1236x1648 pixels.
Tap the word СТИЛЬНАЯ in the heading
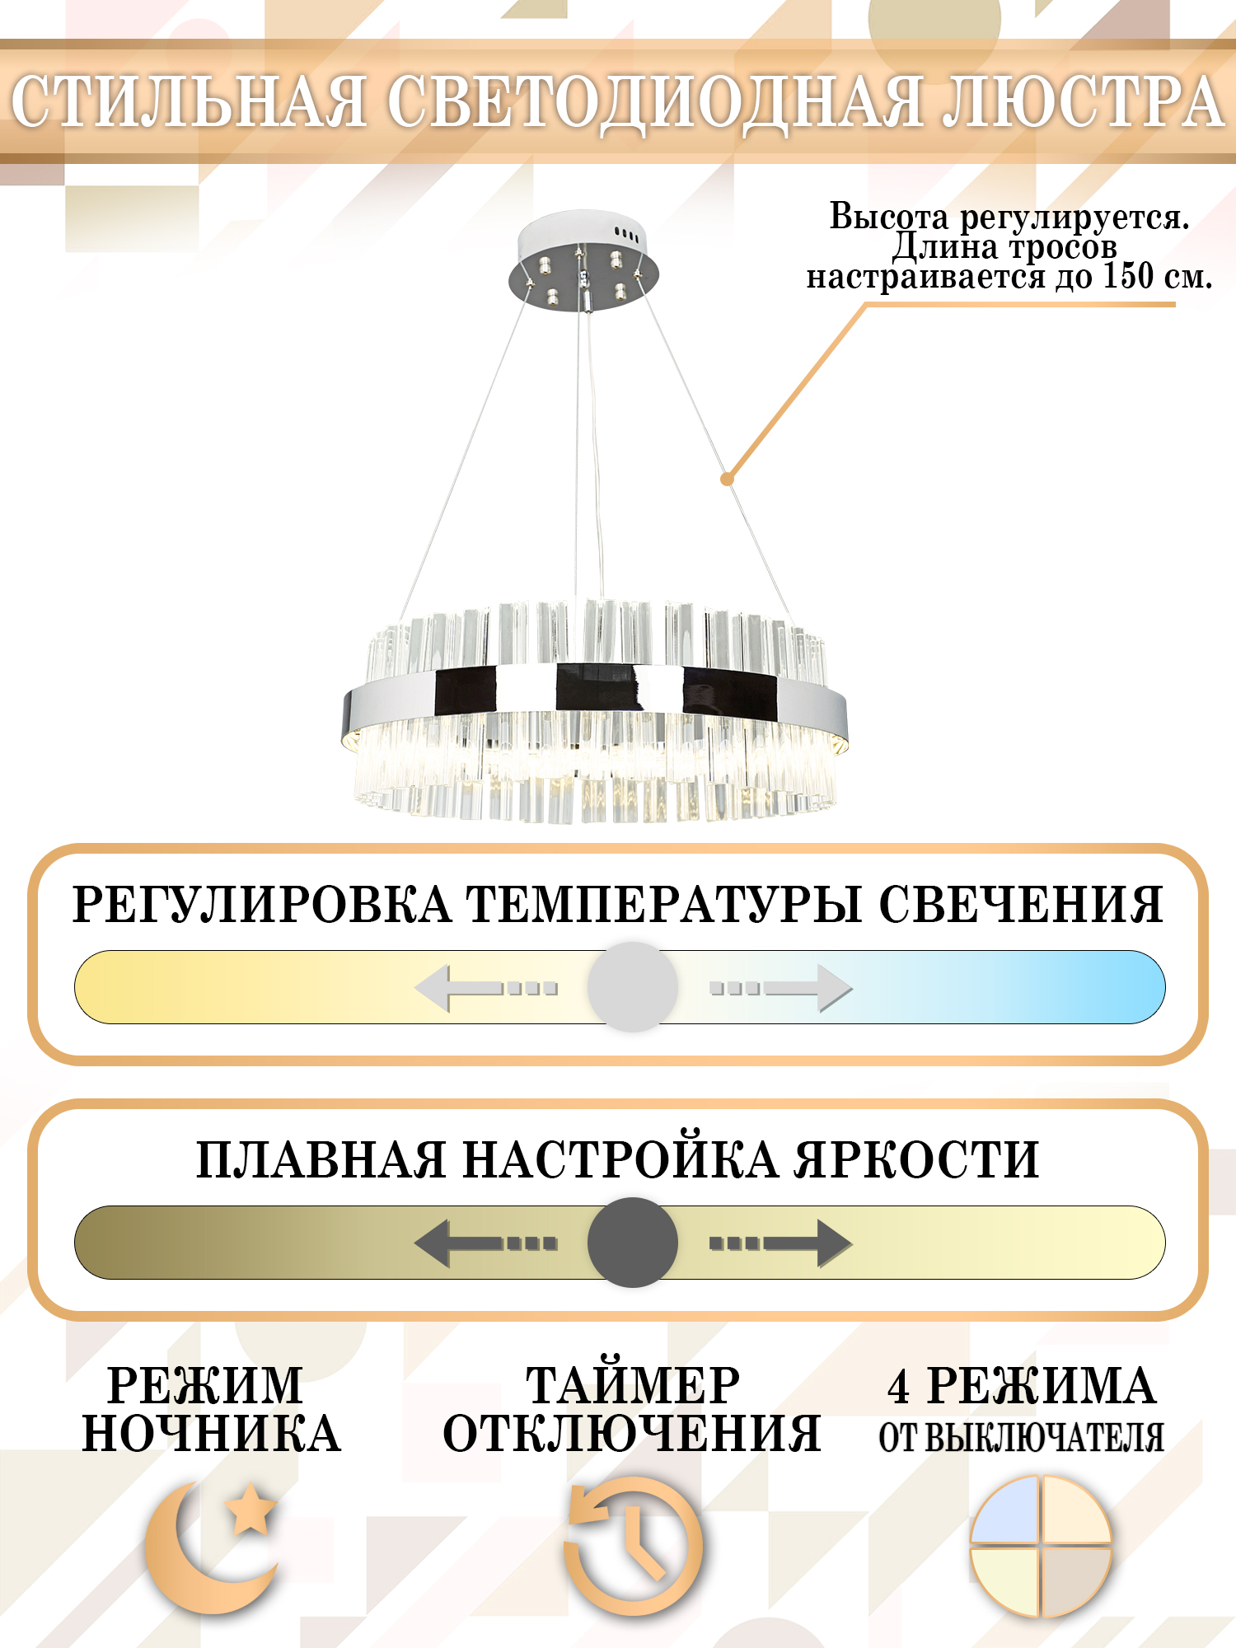pyautogui.click(x=189, y=101)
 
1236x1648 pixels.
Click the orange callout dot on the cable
pyautogui.click(x=727, y=479)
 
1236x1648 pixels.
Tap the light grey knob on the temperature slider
pyautogui.click(x=632, y=986)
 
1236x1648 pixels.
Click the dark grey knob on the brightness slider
pyautogui.click(x=632, y=1242)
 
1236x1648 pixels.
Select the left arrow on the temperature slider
pyautogui.click(x=486, y=988)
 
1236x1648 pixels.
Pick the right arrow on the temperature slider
pyautogui.click(x=781, y=988)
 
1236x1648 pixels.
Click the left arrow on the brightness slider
pyautogui.click(x=486, y=1243)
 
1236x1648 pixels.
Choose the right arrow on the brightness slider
pyautogui.click(x=781, y=1243)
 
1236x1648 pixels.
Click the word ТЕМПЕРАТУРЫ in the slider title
pyautogui.click(x=664, y=904)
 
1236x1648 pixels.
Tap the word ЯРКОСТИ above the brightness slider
pyautogui.click(x=915, y=1159)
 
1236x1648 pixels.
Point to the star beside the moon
pyautogui.click(x=250, y=1509)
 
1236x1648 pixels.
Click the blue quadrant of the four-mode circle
pyautogui.click(x=1004, y=1510)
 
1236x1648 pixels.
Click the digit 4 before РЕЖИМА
pyautogui.click(x=899, y=1386)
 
